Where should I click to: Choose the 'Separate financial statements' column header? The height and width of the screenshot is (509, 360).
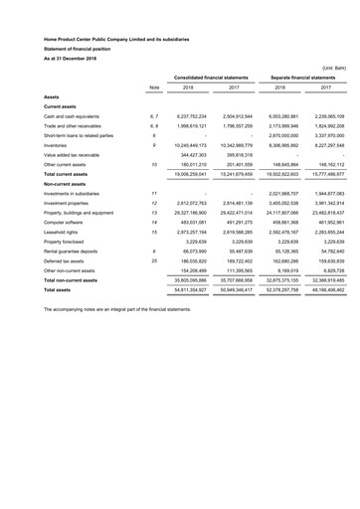(298, 77)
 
